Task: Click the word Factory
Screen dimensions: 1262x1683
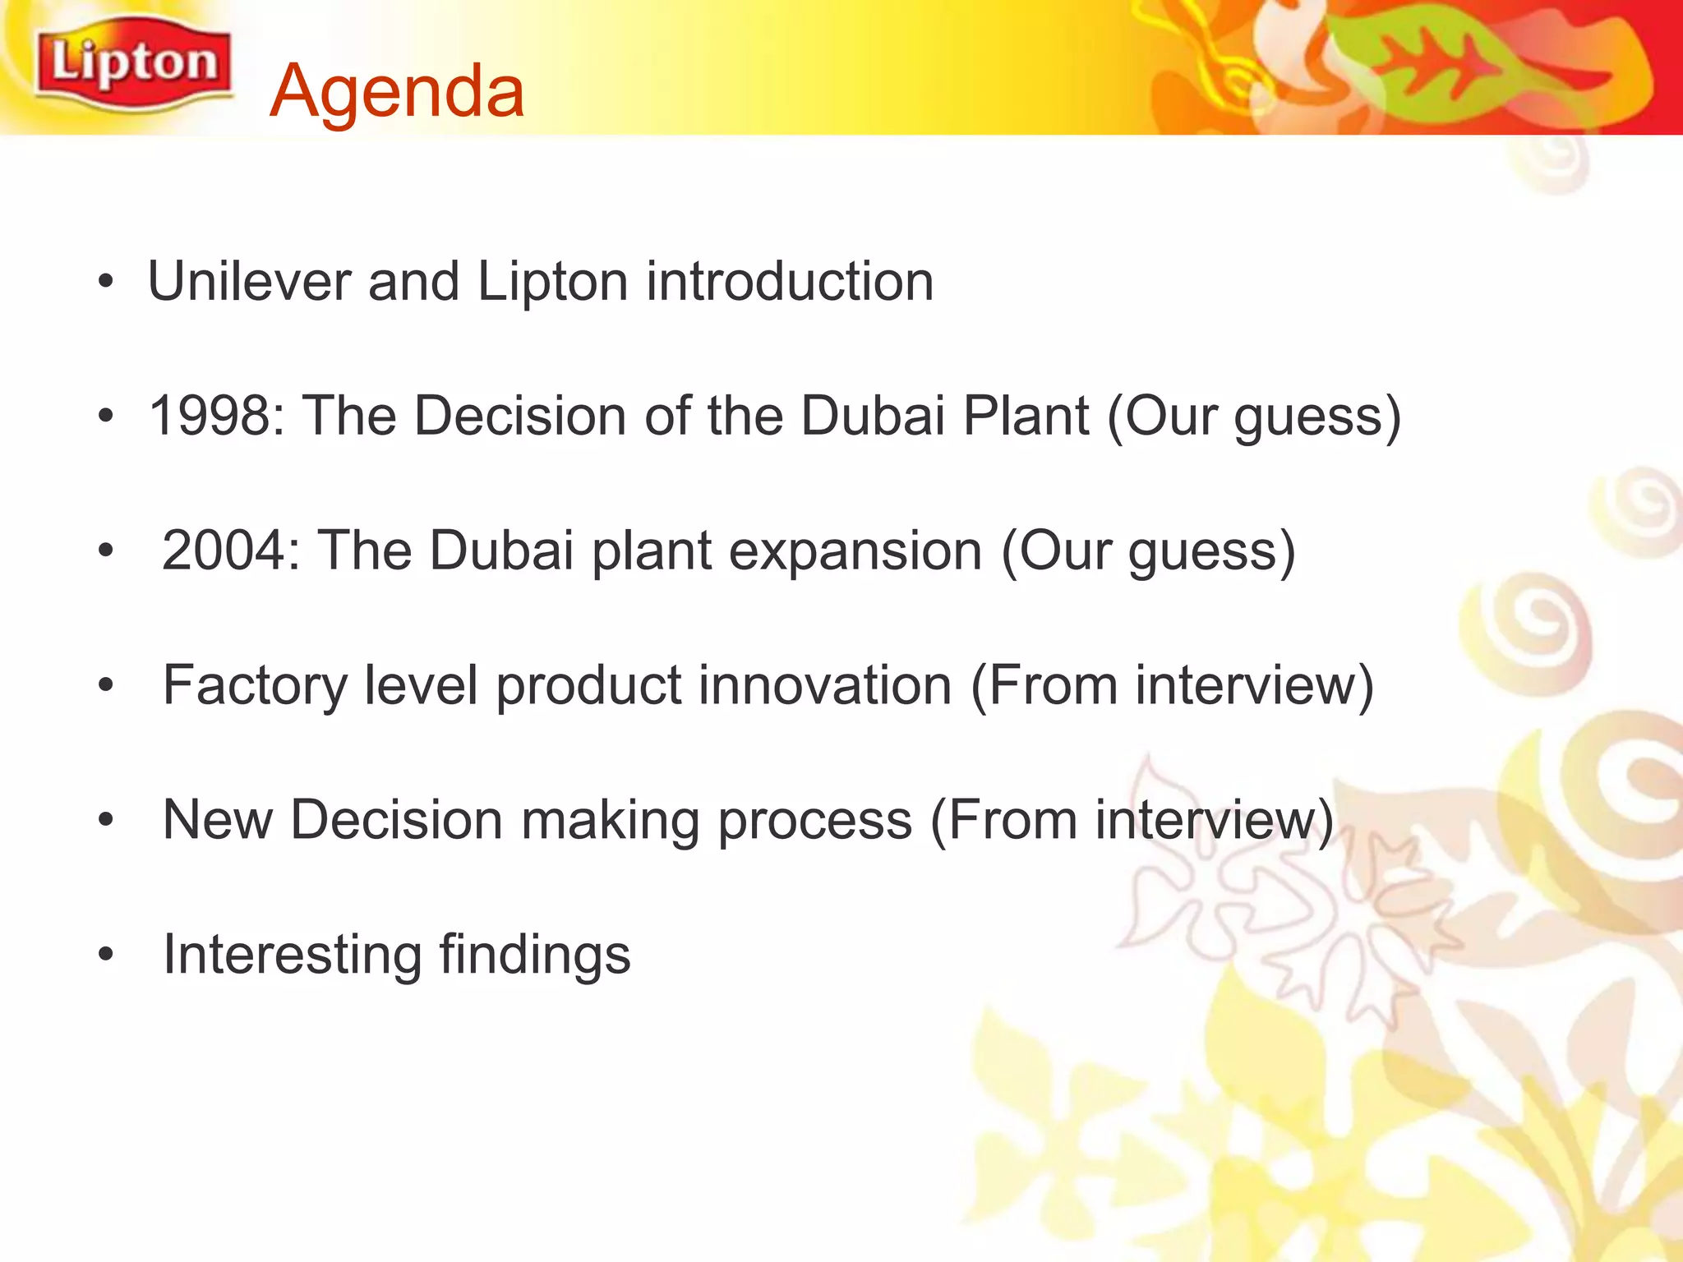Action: pyautogui.click(x=255, y=686)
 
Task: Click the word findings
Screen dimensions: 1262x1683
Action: pyautogui.click(x=534, y=955)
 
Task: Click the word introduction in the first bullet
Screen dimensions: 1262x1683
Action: pyautogui.click(x=790, y=282)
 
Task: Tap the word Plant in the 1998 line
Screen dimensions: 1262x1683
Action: pyautogui.click(x=1026, y=416)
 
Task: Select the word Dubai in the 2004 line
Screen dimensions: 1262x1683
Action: pyautogui.click(x=501, y=550)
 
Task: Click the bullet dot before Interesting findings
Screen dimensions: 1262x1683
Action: pyautogui.click(x=104, y=955)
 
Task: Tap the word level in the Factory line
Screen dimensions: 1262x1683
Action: pyautogui.click(x=421, y=686)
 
